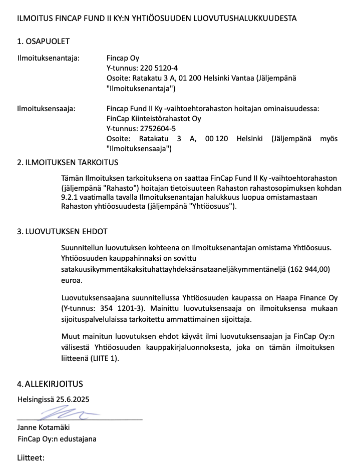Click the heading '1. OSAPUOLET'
click(43, 41)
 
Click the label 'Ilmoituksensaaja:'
click(46, 108)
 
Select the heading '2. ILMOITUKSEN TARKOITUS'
click(67, 163)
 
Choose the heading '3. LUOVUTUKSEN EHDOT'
click(62, 232)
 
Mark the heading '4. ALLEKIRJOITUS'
click(50, 384)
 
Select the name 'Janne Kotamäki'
click(44, 427)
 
